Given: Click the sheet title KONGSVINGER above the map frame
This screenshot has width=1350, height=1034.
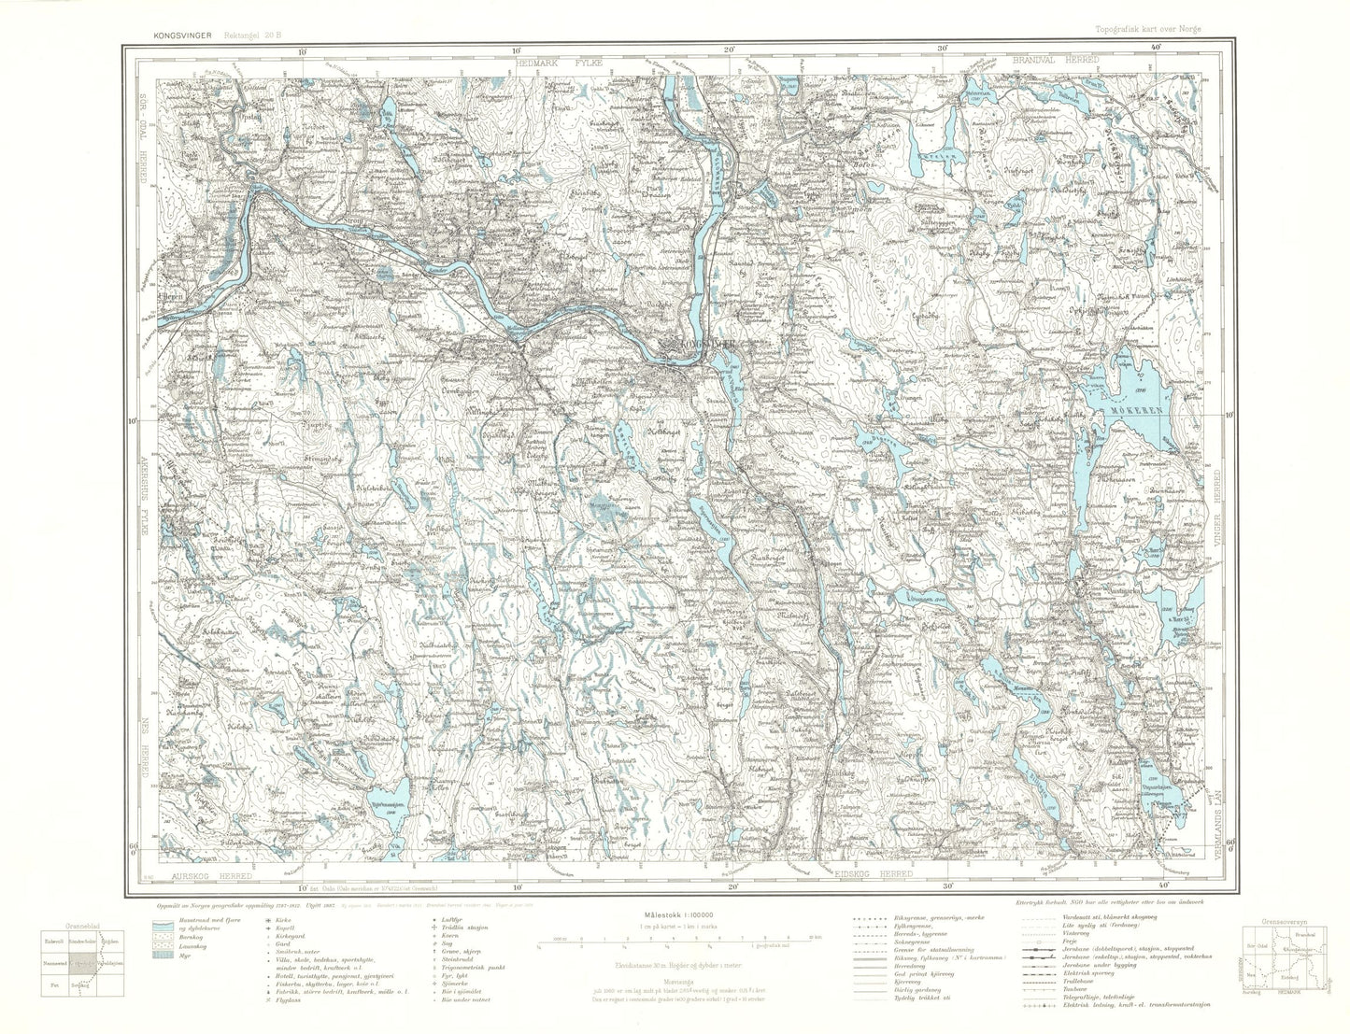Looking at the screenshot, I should [175, 35].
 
